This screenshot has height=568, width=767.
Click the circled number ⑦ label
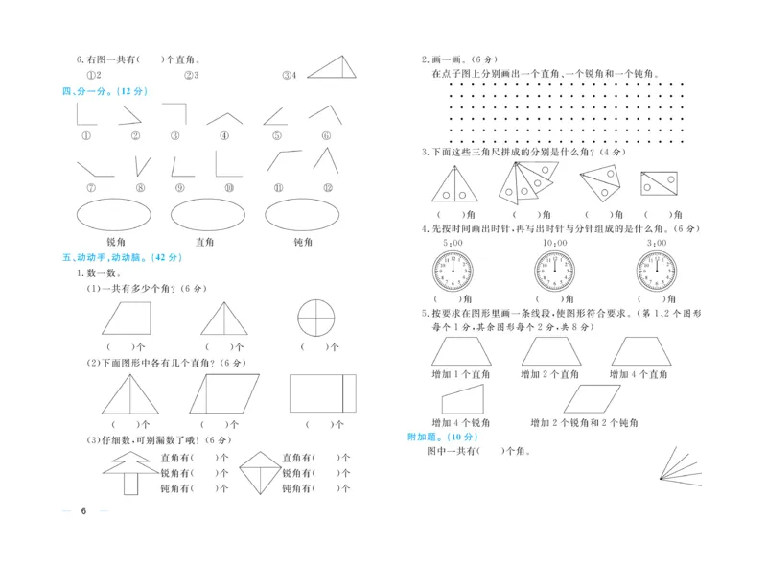[x=90, y=188]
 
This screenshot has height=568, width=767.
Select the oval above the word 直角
[x=207, y=215]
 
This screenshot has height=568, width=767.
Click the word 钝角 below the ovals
[x=304, y=243]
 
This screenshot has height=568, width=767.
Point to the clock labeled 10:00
[x=554, y=272]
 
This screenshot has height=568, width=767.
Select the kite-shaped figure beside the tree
[x=254, y=472]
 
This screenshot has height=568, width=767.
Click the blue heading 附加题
[x=423, y=437]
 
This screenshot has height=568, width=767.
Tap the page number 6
[x=84, y=510]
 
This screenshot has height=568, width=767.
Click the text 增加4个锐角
[x=461, y=422]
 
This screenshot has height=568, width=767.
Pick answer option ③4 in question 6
[x=289, y=75]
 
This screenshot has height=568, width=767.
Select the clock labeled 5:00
[x=453, y=272]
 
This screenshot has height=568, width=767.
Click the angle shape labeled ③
[x=175, y=114]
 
